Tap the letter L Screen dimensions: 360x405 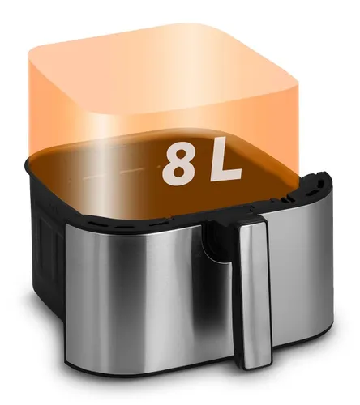click(x=225, y=159)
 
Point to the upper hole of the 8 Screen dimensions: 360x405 click(x=179, y=157)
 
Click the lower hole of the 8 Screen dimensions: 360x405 click(x=178, y=173)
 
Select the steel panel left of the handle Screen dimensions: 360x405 click(x=146, y=292)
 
